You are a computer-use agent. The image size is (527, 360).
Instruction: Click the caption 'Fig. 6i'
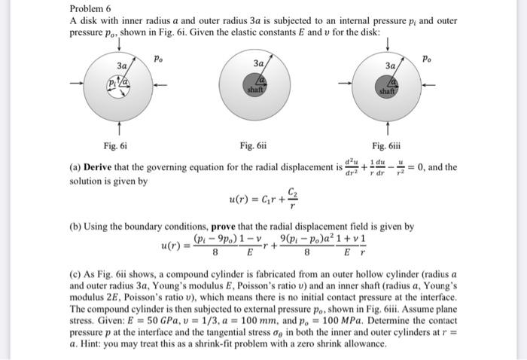tap(116, 145)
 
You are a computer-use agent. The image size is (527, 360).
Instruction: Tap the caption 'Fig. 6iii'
tap(387, 145)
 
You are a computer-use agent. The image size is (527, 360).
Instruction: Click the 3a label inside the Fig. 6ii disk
tap(258, 63)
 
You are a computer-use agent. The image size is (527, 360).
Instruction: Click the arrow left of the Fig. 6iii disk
tap(350, 83)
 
